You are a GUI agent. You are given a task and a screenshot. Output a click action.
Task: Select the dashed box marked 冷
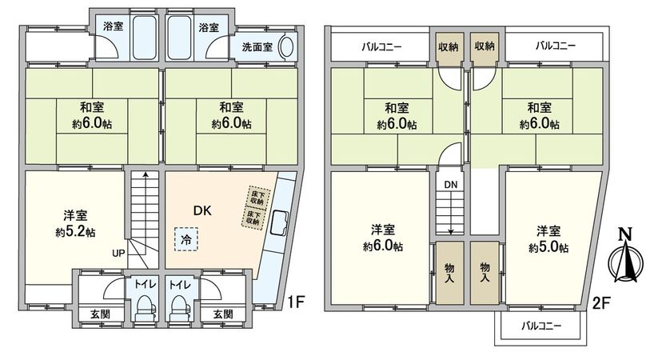pos(185,239)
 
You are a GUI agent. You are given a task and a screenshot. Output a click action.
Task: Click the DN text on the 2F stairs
pos(451,186)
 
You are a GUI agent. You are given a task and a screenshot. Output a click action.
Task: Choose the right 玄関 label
pos(224,314)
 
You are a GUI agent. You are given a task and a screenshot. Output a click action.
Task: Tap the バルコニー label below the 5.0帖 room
pos(541,326)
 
